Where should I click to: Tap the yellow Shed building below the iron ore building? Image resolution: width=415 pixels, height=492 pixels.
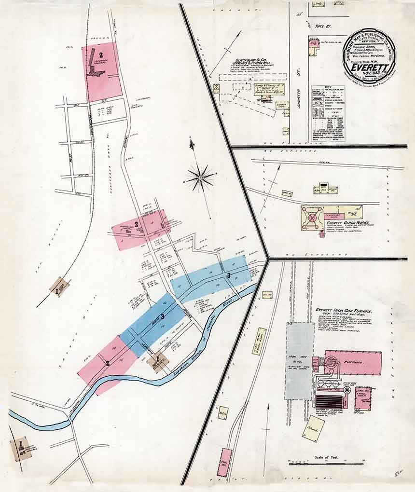[x=313, y=428]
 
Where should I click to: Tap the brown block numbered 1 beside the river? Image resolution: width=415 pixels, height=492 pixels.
[x=157, y=360]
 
